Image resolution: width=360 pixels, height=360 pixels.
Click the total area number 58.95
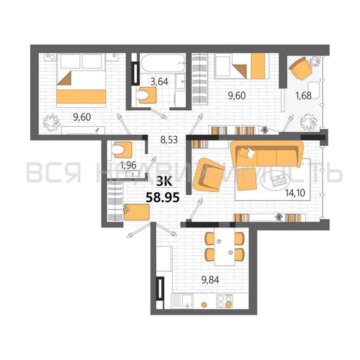coord(163,198)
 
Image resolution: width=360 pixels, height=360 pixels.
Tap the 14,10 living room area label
coord(295,192)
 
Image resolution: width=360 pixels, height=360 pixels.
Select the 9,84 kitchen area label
coord(210,280)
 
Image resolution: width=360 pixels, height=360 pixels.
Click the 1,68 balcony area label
coord(304,96)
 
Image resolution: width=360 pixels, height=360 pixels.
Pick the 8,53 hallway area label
coord(169,140)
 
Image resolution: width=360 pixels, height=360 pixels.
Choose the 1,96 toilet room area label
coord(128,165)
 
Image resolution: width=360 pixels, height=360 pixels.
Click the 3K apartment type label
coord(164,181)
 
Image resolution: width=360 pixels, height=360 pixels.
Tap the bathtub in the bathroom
coord(163,63)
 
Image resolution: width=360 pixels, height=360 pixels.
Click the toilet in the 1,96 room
coord(122,150)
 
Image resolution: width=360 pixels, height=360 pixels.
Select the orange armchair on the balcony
coord(300,68)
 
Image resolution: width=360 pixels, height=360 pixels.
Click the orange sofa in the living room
coord(266,153)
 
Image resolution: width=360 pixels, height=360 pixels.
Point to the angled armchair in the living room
coord(208,175)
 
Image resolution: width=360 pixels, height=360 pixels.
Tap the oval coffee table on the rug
coord(276,181)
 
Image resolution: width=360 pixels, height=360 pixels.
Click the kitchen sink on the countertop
coord(187,301)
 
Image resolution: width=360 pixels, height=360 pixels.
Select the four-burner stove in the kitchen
coord(225,301)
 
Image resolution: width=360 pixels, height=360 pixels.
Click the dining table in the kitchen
coord(225,246)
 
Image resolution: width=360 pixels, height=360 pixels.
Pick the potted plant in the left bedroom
coord(51,122)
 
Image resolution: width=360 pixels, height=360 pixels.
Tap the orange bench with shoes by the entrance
coord(137,212)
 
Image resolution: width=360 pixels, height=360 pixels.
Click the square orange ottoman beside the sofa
coord(246,179)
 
